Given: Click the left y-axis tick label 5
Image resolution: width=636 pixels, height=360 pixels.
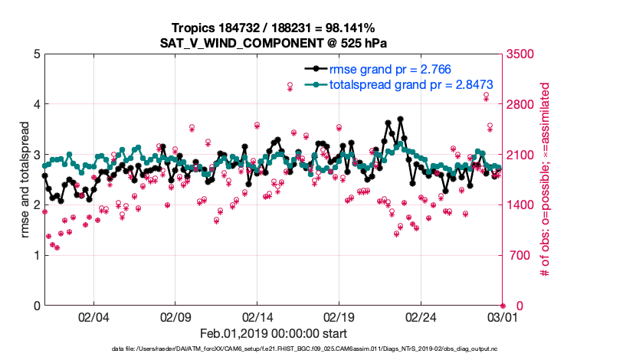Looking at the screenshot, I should pyautogui.click(x=35, y=54).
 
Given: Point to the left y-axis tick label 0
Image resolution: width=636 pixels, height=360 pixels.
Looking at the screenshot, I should pyautogui.click(x=35, y=306).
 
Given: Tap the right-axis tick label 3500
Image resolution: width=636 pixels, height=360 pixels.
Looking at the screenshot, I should pyautogui.click(x=520, y=54).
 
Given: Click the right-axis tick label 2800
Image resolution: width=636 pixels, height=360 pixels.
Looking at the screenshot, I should pyautogui.click(x=520, y=104).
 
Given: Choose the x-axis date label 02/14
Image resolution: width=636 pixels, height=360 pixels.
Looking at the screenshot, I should pyautogui.click(x=257, y=317).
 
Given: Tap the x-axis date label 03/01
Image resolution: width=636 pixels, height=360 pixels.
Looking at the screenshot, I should pyautogui.click(x=503, y=317).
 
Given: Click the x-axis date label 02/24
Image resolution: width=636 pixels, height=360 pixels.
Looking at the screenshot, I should pyautogui.click(x=421, y=317).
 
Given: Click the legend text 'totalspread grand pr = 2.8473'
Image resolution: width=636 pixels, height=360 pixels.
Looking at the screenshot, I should pyautogui.click(x=411, y=84).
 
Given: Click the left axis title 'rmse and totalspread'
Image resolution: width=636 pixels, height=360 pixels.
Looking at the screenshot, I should pyautogui.click(x=25, y=180).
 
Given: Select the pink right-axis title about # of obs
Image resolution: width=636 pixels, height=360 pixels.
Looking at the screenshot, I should pyautogui.click(x=546, y=180).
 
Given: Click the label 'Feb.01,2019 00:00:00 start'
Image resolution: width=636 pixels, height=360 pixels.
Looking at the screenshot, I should pyautogui.click(x=273, y=333).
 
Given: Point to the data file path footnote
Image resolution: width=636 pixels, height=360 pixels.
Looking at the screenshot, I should pyautogui.click(x=273, y=349).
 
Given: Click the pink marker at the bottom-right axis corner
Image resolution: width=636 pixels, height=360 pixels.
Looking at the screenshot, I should pyautogui.click(x=503, y=306).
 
